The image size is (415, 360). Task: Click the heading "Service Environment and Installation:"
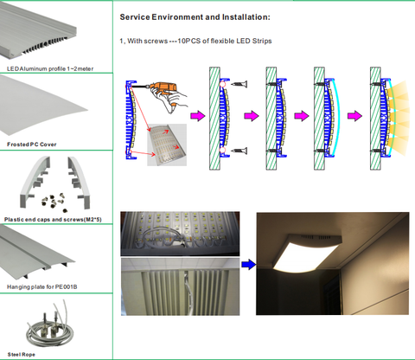click(x=195, y=17)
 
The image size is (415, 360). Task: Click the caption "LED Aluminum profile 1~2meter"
click(x=50, y=68)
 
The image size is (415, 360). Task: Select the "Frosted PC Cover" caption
click(x=32, y=145)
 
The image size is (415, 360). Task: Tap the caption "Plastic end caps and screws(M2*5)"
click(x=53, y=220)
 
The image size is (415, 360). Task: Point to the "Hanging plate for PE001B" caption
click(x=42, y=286)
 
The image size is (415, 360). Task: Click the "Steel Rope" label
click(x=22, y=355)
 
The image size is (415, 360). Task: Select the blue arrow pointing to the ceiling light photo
click(x=248, y=264)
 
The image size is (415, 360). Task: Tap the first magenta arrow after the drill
click(x=198, y=116)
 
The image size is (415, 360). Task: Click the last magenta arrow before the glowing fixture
click(x=354, y=116)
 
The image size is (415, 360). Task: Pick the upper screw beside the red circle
click(x=239, y=84)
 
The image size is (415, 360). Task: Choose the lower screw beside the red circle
click(x=239, y=151)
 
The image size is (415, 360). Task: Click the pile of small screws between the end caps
click(x=54, y=201)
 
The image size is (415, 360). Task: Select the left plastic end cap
click(x=34, y=182)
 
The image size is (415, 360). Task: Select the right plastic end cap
click(x=80, y=182)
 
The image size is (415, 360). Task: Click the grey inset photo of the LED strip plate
click(x=167, y=145)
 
